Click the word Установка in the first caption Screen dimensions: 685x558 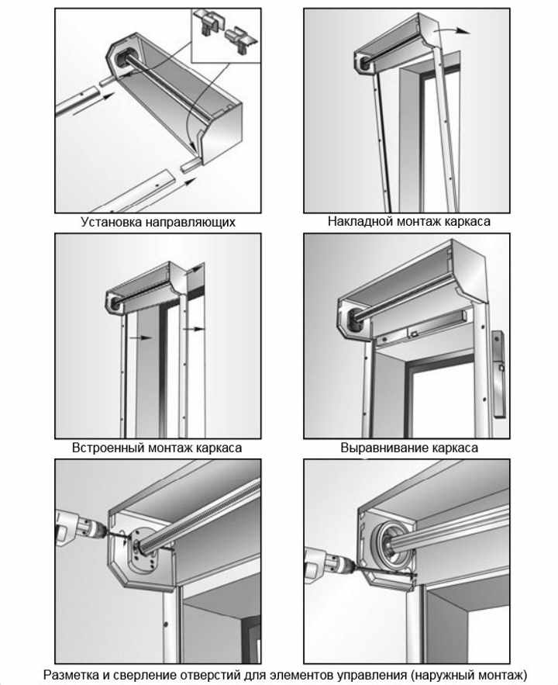coord(109,222)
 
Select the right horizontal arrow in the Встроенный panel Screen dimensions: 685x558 coord(197,329)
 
